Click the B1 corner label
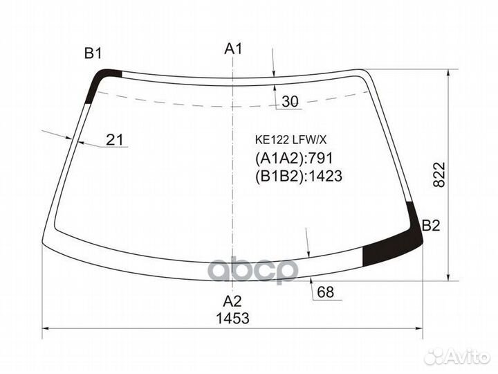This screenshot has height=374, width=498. click(x=93, y=53)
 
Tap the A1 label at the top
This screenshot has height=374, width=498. click(x=234, y=48)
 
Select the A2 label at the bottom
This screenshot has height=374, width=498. click(x=232, y=301)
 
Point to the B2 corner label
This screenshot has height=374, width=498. click(x=431, y=226)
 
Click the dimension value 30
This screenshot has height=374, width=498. click(x=290, y=101)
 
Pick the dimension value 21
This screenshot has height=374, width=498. click(x=114, y=140)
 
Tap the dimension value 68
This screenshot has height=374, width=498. click(x=326, y=292)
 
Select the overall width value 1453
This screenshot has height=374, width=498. click(x=233, y=318)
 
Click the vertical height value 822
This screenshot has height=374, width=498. click(x=440, y=175)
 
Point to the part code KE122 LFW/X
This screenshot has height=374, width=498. click(x=290, y=139)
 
